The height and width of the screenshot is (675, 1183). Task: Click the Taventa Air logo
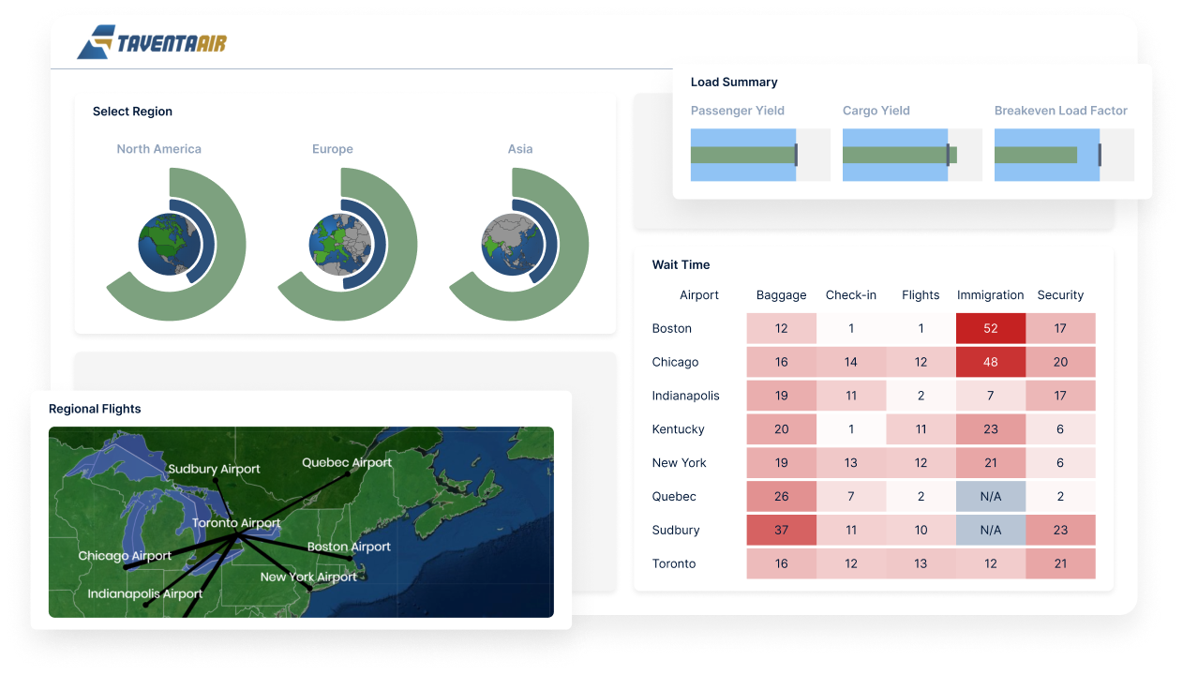click(152, 42)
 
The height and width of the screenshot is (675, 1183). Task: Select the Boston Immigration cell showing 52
click(990, 328)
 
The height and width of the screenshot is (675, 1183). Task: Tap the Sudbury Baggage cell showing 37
click(781, 530)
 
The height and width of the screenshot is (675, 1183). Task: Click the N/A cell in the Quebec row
click(990, 496)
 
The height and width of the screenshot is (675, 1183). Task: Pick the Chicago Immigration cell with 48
click(990, 362)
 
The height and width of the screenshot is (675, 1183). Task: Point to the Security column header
click(1060, 294)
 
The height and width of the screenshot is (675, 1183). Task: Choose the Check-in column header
click(851, 294)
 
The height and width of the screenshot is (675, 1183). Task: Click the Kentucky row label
click(678, 428)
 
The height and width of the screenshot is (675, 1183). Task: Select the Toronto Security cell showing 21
click(1060, 563)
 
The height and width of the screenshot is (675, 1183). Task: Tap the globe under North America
click(170, 244)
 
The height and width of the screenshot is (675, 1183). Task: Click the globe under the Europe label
click(340, 244)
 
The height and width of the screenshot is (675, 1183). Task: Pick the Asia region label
click(520, 149)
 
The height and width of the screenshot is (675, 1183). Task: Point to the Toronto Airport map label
click(235, 523)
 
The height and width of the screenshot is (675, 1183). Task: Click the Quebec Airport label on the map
click(347, 463)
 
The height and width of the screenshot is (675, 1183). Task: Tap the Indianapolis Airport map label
click(145, 593)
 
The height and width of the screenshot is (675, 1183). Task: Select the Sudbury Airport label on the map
click(214, 469)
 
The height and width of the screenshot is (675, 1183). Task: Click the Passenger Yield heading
click(737, 111)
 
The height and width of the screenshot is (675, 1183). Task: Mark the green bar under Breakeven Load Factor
click(1036, 155)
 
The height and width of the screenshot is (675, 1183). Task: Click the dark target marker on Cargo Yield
click(948, 155)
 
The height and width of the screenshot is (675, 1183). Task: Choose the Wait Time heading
click(681, 264)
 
